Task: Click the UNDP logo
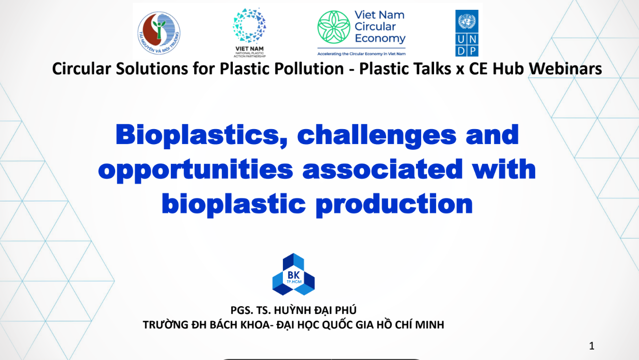tap(467, 33)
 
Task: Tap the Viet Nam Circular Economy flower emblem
tap(333, 27)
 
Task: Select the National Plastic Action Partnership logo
tap(249, 30)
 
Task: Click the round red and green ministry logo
tap(159, 31)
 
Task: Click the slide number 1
tap(592, 346)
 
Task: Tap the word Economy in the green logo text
tap(380, 39)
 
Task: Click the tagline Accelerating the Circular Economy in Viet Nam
tap(361, 53)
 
